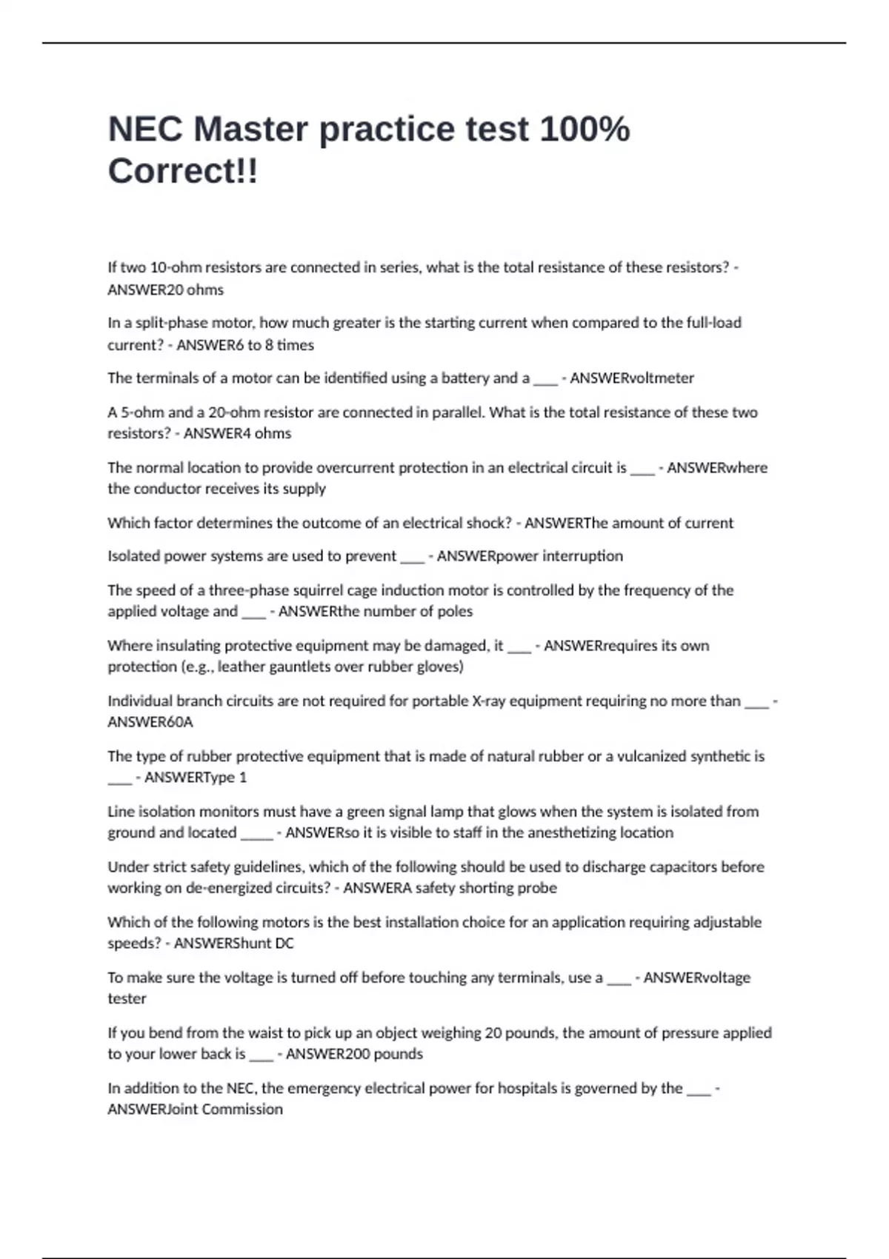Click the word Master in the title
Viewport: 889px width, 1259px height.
250,130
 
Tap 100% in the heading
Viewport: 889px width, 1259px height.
585,130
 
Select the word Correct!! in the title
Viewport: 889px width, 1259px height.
183,172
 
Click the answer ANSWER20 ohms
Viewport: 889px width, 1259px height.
165,290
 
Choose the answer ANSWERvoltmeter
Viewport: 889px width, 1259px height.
631,378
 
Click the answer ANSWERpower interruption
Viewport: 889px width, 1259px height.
530,556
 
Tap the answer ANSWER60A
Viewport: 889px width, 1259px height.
150,722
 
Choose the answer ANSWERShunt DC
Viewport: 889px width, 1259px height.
233,944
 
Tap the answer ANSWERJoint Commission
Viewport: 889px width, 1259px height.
195,1109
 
